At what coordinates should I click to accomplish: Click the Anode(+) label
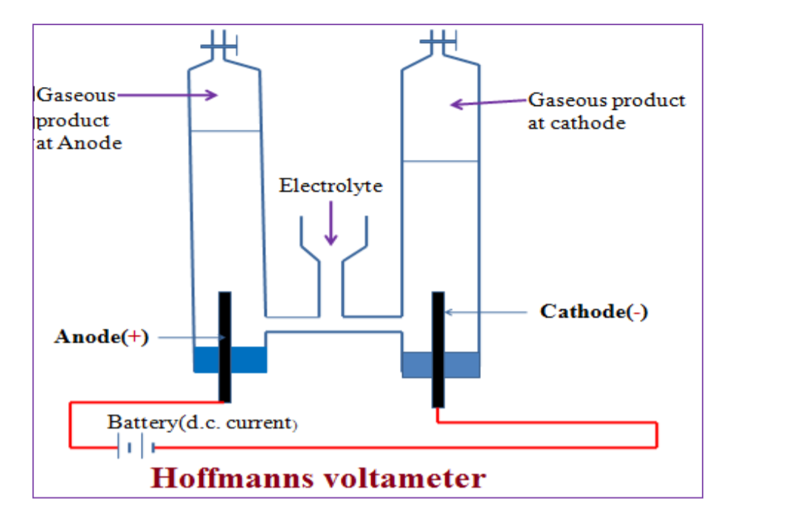click(101, 338)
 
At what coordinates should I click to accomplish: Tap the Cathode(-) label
click(593, 311)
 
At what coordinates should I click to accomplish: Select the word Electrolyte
click(331, 186)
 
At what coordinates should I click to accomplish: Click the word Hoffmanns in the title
click(227, 478)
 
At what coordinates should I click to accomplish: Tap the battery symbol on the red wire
click(136, 448)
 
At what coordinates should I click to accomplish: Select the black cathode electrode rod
click(438, 348)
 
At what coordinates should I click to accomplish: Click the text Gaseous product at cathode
click(606, 111)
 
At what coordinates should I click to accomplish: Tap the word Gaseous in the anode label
click(77, 95)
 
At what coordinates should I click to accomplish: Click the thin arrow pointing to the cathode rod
click(485, 312)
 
